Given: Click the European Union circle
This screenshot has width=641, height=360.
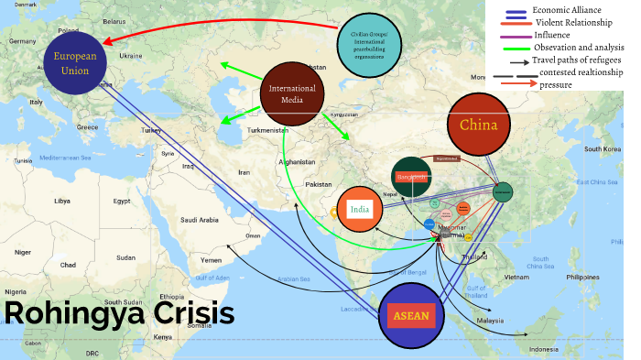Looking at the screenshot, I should tap(73, 62).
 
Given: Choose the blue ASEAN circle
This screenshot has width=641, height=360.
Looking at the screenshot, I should tap(409, 315).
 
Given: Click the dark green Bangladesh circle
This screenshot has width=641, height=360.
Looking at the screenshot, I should tap(411, 176).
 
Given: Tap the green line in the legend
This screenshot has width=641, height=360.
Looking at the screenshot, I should tap(516, 48).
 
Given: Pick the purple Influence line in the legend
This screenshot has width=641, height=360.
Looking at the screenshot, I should tap(516, 35).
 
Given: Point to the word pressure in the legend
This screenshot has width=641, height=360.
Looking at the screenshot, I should tap(556, 84).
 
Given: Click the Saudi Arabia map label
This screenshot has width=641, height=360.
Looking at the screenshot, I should tap(199, 220).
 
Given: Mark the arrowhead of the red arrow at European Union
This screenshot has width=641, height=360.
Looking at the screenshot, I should tap(106, 42).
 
